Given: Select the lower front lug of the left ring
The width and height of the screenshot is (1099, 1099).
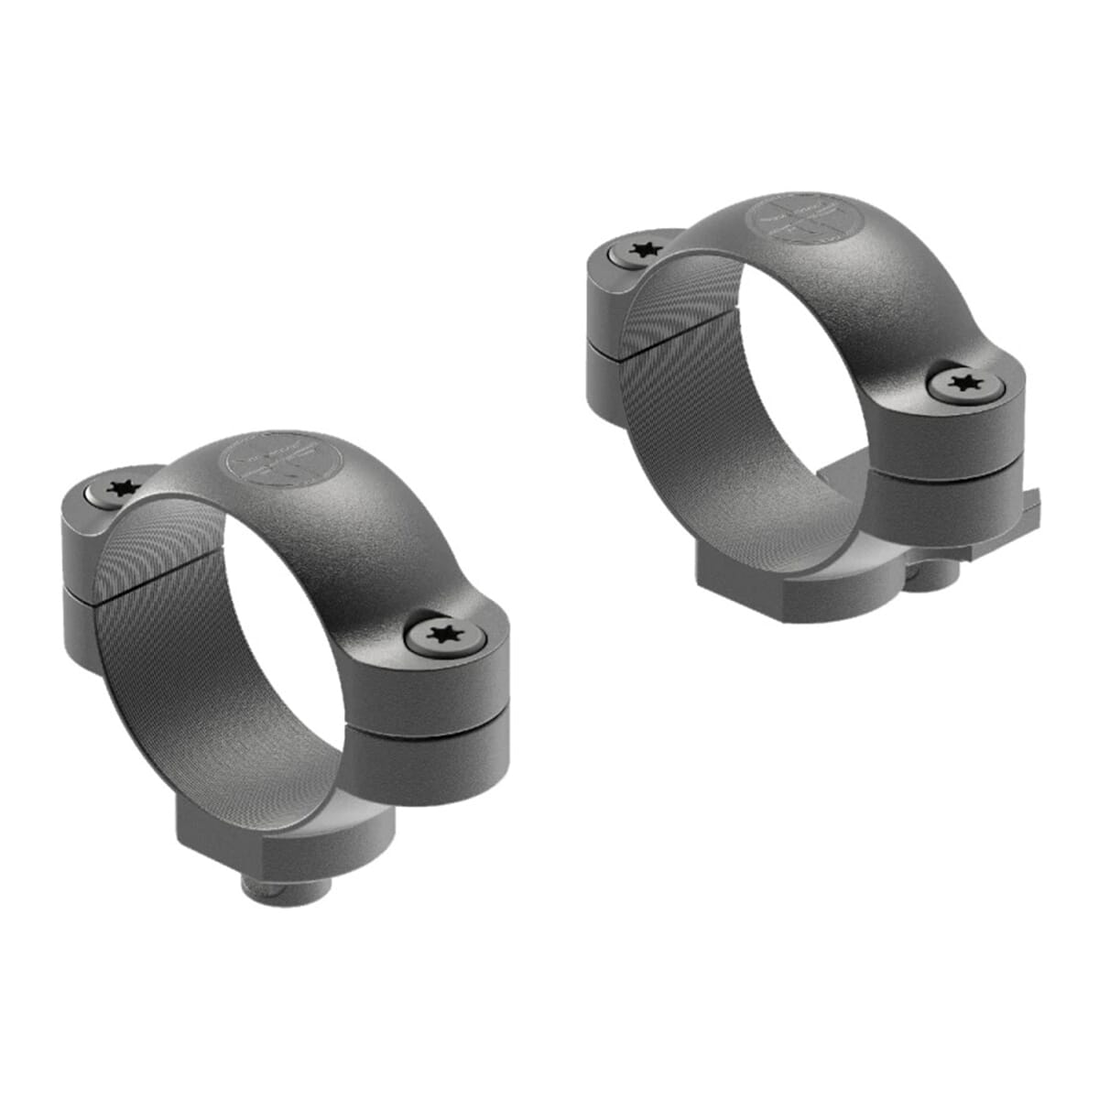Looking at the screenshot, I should (x=426, y=769).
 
